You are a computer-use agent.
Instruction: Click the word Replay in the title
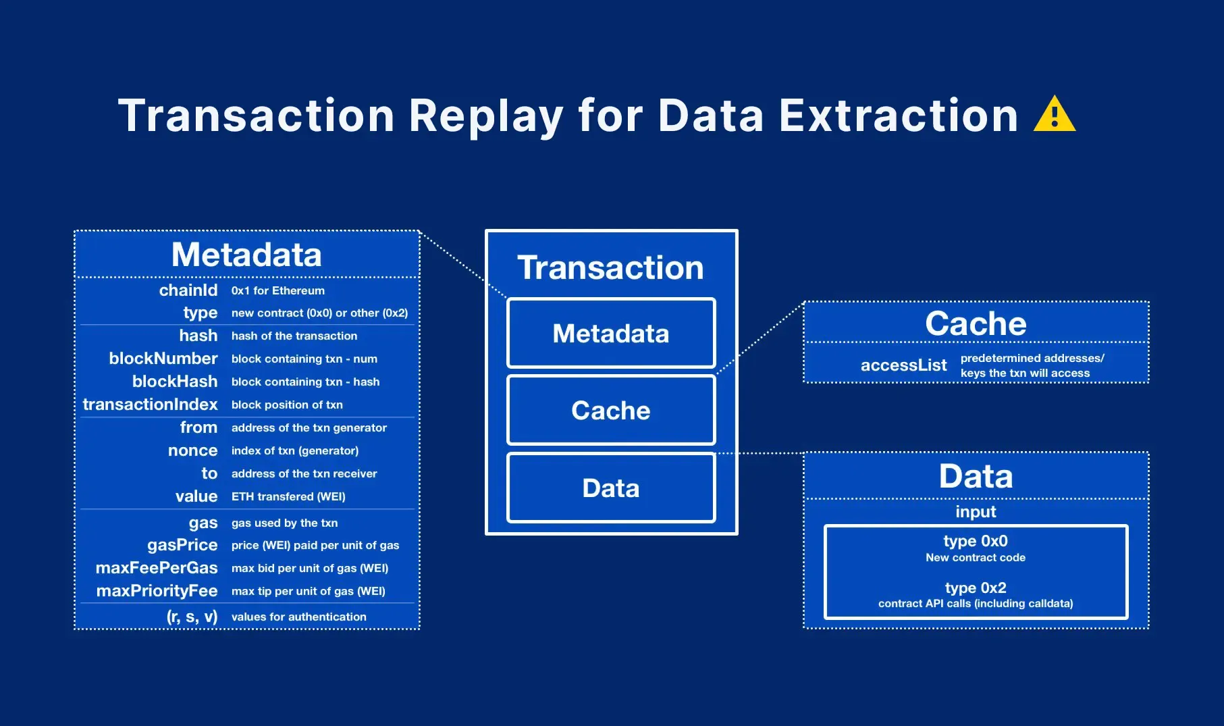pyautogui.click(x=485, y=116)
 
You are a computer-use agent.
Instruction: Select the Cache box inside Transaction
pyautogui.click(x=611, y=411)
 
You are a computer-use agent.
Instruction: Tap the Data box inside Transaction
pyautogui.click(x=611, y=488)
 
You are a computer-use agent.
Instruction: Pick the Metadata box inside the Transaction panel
pyautogui.click(x=611, y=334)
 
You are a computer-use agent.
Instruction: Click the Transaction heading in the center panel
pyautogui.click(x=610, y=267)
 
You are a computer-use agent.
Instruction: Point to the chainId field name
pyautogui.click(x=188, y=290)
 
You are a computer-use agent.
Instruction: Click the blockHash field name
pyautogui.click(x=174, y=382)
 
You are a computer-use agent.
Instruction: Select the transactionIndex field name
pyautogui.click(x=150, y=405)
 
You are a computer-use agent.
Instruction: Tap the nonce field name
pyautogui.click(x=192, y=450)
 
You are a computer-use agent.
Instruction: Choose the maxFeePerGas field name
pyautogui.click(x=157, y=568)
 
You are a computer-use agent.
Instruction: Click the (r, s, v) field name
pyautogui.click(x=192, y=617)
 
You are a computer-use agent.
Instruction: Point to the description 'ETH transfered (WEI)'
pyautogui.click(x=288, y=496)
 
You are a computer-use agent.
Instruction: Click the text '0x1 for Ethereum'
pyautogui.click(x=277, y=290)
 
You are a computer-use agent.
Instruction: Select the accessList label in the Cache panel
pyautogui.click(x=903, y=365)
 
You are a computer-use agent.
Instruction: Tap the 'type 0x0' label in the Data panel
pyautogui.click(x=975, y=541)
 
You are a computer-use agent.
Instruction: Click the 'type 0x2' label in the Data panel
pyautogui.click(x=975, y=588)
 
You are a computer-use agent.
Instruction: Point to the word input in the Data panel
pyautogui.click(x=975, y=511)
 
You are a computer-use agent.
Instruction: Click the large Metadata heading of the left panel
pyautogui.click(x=246, y=255)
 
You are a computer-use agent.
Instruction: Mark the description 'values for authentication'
pyautogui.click(x=298, y=617)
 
